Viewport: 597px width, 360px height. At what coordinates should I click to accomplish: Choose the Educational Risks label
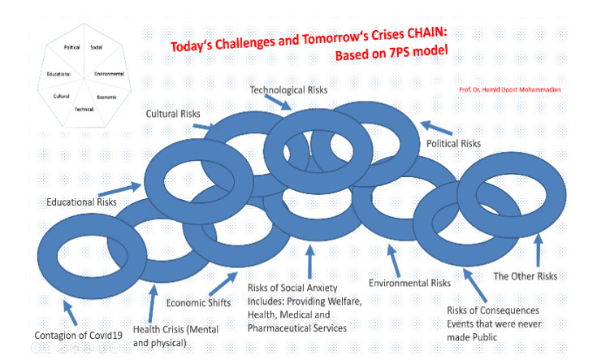coord(80,202)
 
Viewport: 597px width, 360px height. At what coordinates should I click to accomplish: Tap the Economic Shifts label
coord(197,302)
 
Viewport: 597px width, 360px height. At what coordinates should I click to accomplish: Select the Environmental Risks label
coord(409,283)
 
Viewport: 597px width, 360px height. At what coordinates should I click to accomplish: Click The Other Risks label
coord(526,276)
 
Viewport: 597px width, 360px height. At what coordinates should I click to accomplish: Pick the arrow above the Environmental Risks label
coord(395,262)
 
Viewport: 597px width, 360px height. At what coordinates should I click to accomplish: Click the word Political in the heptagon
coord(73,47)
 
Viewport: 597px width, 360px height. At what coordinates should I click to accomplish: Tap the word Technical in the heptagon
coord(84,108)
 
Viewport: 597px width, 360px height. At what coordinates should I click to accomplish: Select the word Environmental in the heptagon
coord(108,74)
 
